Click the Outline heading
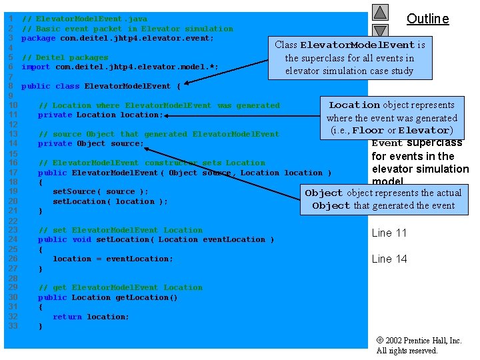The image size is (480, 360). pos(427,19)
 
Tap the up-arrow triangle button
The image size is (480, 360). pos(380,12)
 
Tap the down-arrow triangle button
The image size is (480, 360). pos(380,30)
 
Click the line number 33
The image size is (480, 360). pos(12,326)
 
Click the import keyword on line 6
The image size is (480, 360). pos(36,67)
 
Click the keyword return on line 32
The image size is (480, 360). pos(67,317)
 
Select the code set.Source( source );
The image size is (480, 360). pos(101,191)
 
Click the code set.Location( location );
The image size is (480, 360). pos(110,201)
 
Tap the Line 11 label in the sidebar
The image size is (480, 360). pos(389,233)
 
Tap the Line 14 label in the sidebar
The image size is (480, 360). pos(389,259)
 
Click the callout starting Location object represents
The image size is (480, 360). pos(391,117)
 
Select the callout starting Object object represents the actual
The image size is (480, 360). pos(383,199)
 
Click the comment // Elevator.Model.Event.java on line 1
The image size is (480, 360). pos(84,19)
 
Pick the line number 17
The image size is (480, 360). pos(12,173)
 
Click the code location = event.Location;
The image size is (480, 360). pos(113,259)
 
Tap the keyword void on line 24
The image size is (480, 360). pos(81,239)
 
